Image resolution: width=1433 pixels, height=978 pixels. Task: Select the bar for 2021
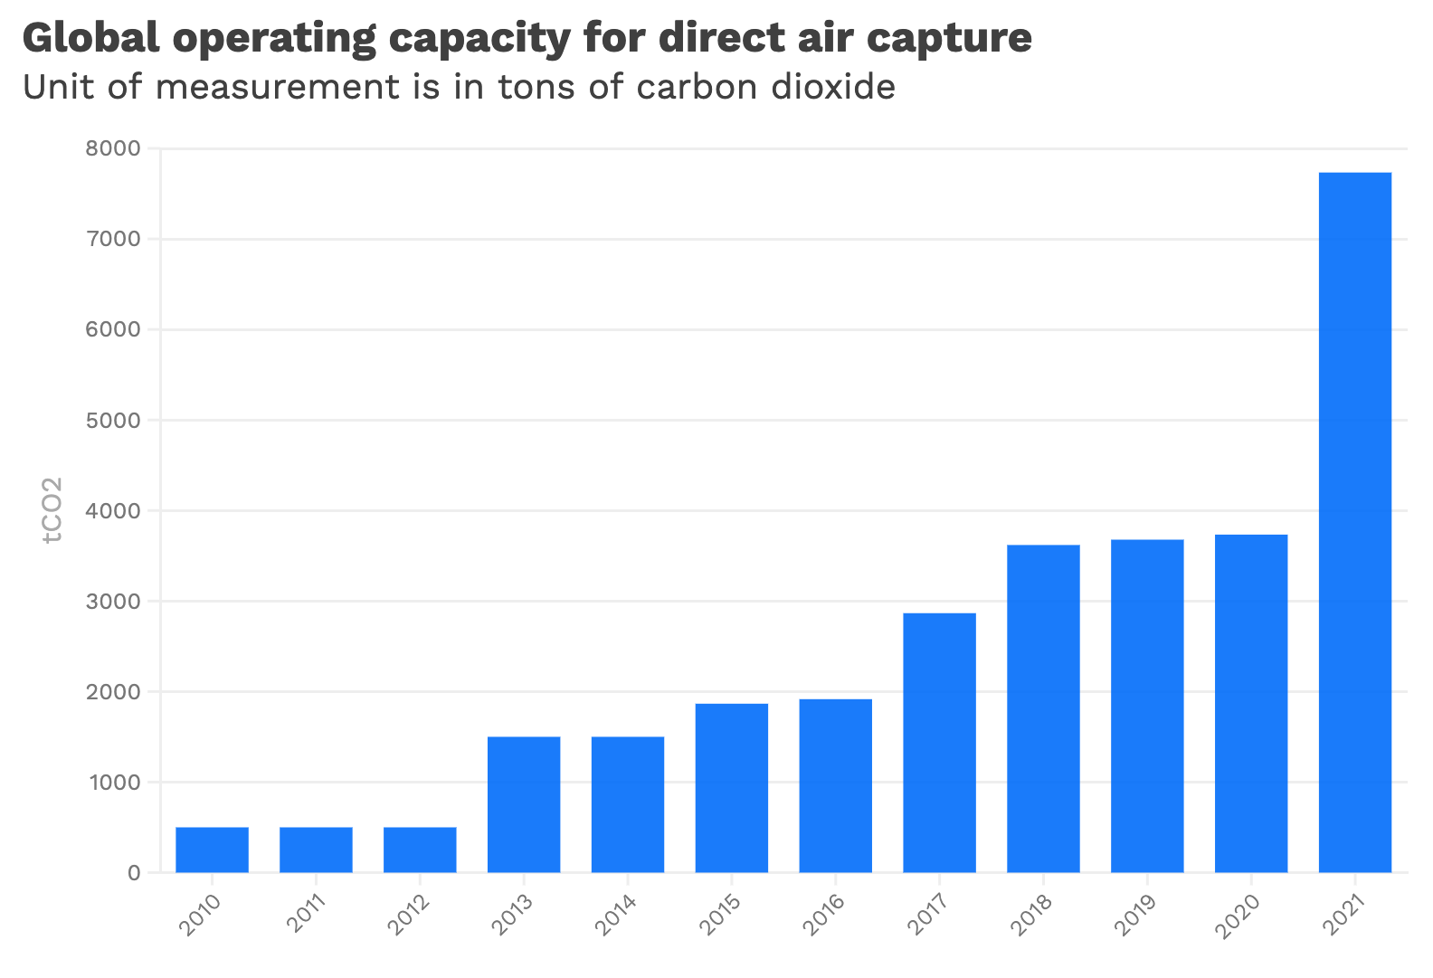click(1354, 522)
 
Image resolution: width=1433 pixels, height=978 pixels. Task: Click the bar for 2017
click(939, 743)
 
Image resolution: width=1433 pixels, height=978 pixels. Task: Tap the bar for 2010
click(212, 850)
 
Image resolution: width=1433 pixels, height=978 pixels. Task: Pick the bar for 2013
click(524, 804)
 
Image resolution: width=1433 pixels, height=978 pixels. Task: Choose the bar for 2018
click(1043, 708)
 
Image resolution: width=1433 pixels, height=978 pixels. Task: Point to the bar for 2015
click(731, 788)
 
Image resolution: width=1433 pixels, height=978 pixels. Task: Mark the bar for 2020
click(1250, 703)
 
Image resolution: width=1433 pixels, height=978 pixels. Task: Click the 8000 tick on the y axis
click(113, 148)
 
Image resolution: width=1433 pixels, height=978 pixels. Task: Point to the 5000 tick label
click(113, 420)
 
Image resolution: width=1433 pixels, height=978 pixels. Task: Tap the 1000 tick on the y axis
click(113, 782)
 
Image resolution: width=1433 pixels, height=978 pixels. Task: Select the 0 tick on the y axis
click(134, 873)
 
